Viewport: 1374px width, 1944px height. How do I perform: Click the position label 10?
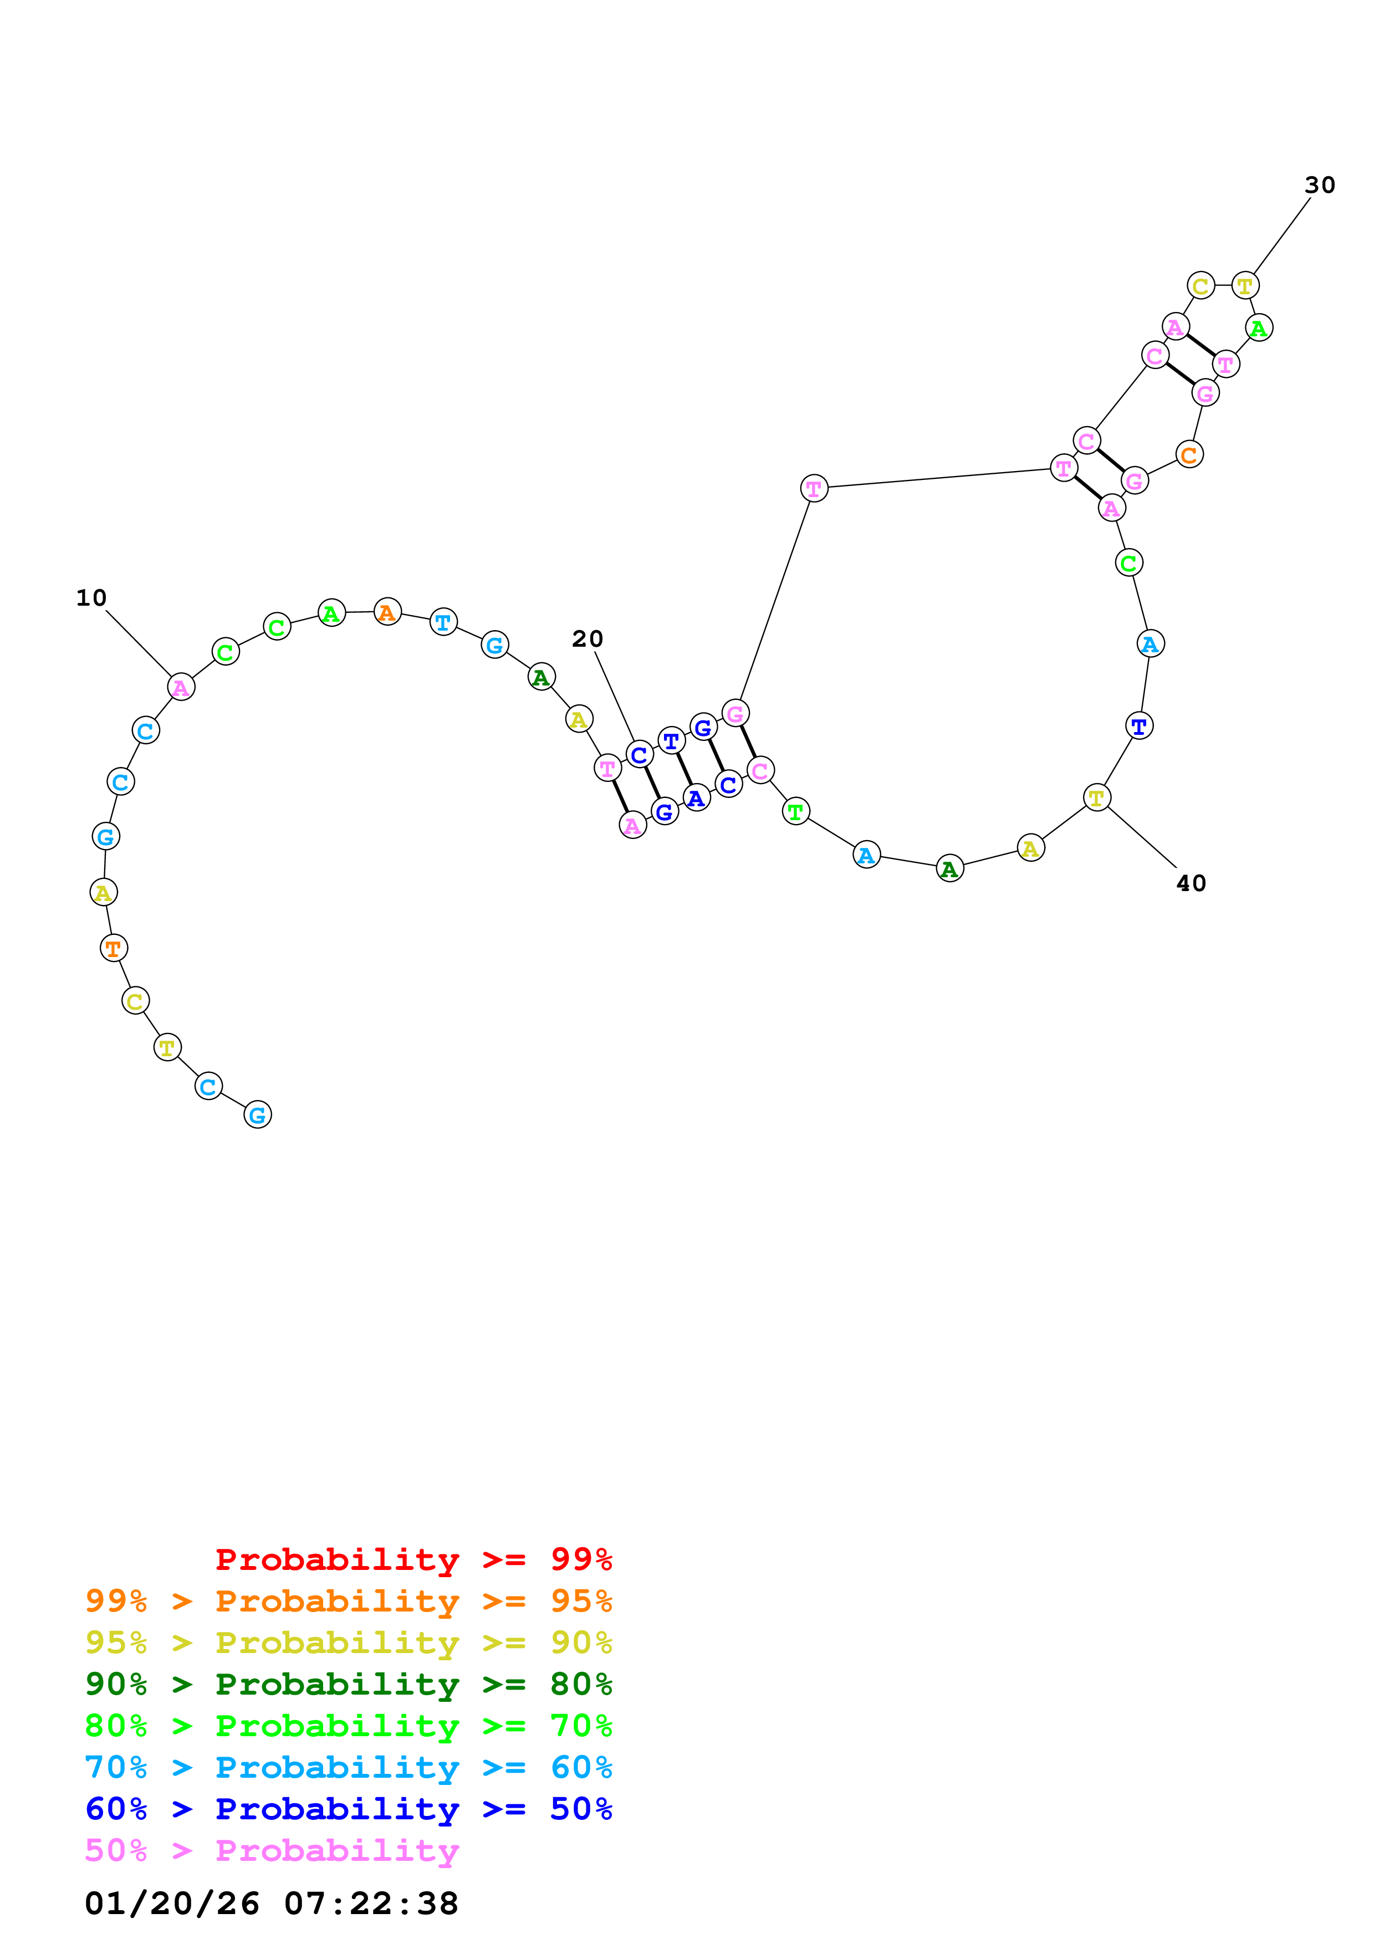91,598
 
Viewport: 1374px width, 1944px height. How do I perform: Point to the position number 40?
1191,883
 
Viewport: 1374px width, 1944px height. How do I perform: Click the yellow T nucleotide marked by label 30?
1244,285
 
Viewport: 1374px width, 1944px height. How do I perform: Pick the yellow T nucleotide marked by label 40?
1096,797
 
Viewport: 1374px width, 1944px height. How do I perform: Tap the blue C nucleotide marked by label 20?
639,754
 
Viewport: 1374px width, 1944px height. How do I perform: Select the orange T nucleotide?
114,948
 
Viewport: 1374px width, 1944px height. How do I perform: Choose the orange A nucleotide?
387,611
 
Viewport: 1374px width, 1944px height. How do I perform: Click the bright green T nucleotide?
795,811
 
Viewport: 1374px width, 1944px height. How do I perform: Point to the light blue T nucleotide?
443,622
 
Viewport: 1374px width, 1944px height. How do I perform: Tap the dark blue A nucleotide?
696,797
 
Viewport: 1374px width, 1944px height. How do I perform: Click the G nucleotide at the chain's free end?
257,1114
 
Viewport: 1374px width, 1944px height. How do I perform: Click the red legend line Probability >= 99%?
413,1559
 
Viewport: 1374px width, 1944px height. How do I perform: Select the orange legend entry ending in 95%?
348,1601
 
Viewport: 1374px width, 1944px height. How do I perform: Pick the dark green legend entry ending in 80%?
348,1684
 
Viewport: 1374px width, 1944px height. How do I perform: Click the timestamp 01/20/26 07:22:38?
271,1904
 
